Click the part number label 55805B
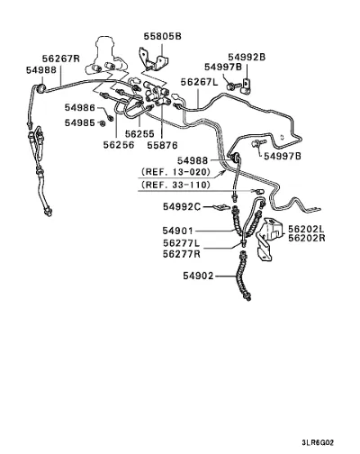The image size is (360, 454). (x=163, y=36)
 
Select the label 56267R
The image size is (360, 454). (x=61, y=59)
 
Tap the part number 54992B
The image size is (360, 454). (x=247, y=57)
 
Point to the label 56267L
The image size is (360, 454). (x=200, y=82)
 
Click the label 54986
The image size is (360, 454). (x=80, y=107)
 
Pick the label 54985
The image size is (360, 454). (x=80, y=123)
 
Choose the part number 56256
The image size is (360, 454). (x=119, y=145)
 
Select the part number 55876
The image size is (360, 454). (x=162, y=145)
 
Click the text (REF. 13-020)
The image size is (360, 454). (x=176, y=172)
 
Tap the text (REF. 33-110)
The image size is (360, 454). (x=176, y=185)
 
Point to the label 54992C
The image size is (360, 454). (x=182, y=206)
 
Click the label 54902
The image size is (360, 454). (x=198, y=276)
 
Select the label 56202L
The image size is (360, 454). (x=307, y=229)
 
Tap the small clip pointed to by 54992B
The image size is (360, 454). (x=247, y=86)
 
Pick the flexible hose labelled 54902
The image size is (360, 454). (x=245, y=277)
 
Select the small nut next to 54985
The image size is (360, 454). (x=103, y=123)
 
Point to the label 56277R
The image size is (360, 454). (x=182, y=254)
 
